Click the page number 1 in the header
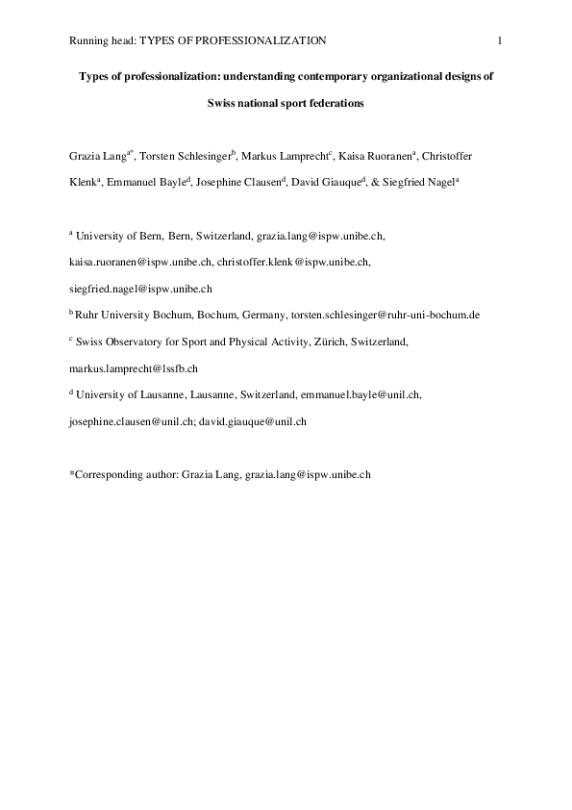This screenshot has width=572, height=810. (501, 39)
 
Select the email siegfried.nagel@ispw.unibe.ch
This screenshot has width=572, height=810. (140, 288)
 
